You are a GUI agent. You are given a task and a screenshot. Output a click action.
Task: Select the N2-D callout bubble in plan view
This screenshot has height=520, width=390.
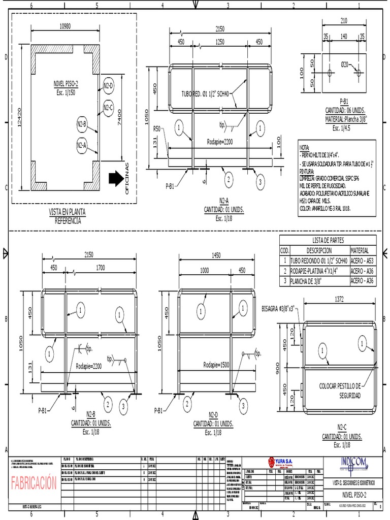[x=108, y=85]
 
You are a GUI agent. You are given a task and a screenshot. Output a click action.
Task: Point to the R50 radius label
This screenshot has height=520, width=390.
[x=157, y=129]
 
